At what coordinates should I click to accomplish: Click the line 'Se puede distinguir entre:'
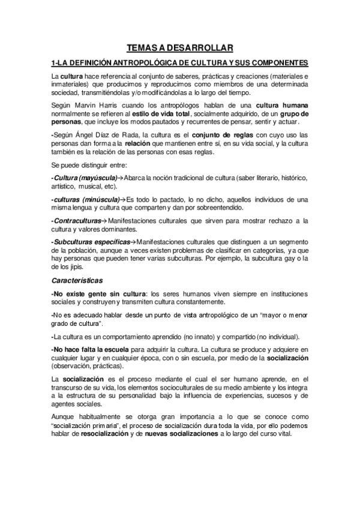(89, 165)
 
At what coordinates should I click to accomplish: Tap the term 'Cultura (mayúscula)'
(83, 178)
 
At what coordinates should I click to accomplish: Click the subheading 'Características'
(77, 280)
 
